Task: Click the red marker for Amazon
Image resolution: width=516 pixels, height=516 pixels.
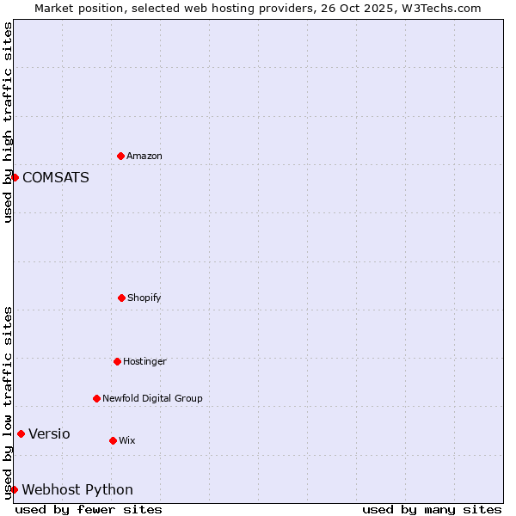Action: click(120, 156)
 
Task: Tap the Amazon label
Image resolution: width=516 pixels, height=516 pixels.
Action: click(144, 157)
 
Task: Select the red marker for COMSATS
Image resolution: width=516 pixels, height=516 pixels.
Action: click(15, 177)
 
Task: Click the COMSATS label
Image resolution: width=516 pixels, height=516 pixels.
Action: click(56, 178)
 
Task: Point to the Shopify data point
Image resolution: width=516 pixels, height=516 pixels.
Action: click(121, 298)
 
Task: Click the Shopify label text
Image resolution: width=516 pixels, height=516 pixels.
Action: click(144, 298)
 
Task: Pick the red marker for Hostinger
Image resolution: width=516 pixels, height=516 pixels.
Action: click(117, 361)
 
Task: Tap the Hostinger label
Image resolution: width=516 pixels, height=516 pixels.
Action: click(144, 362)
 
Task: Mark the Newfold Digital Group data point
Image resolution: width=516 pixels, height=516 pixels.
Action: click(96, 398)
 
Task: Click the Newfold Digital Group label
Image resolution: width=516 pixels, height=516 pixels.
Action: click(152, 399)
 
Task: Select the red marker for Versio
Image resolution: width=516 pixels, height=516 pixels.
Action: click(21, 433)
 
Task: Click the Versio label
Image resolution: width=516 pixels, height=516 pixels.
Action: click(49, 434)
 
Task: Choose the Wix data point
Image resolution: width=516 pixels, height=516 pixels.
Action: click(113, 440)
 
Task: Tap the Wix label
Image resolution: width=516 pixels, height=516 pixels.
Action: click(127, 441)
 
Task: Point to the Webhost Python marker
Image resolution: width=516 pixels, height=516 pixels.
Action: click(14, 489)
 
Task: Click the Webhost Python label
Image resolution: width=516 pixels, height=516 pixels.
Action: click(77, 490)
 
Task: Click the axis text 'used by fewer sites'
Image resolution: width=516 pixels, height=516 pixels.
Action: click(89, 509)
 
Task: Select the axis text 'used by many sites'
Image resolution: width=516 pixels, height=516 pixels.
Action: click(432, 509)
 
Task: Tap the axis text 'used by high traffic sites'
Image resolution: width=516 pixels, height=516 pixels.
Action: click(9, 122)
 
